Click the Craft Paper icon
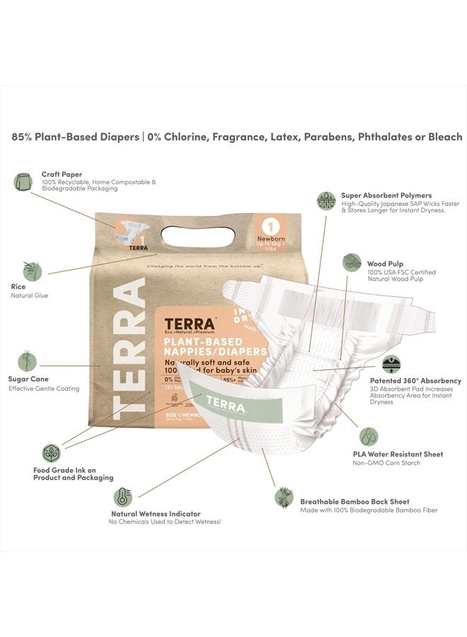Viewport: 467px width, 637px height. [x=23, y=182]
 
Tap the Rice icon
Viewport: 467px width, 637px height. [x=32, y=272]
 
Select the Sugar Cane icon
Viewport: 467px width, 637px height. [x=27, y=361]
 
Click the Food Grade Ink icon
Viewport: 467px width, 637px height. [x=51, y=453]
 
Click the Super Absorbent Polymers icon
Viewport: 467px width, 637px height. [x=326, y=200]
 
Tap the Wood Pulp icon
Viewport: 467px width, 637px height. [x=352, y=263]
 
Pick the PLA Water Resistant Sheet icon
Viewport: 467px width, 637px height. [x=368, y=436]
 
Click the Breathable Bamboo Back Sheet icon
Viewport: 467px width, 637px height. [x=284, y=496]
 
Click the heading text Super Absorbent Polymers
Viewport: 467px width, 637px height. [x=386, y=195]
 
